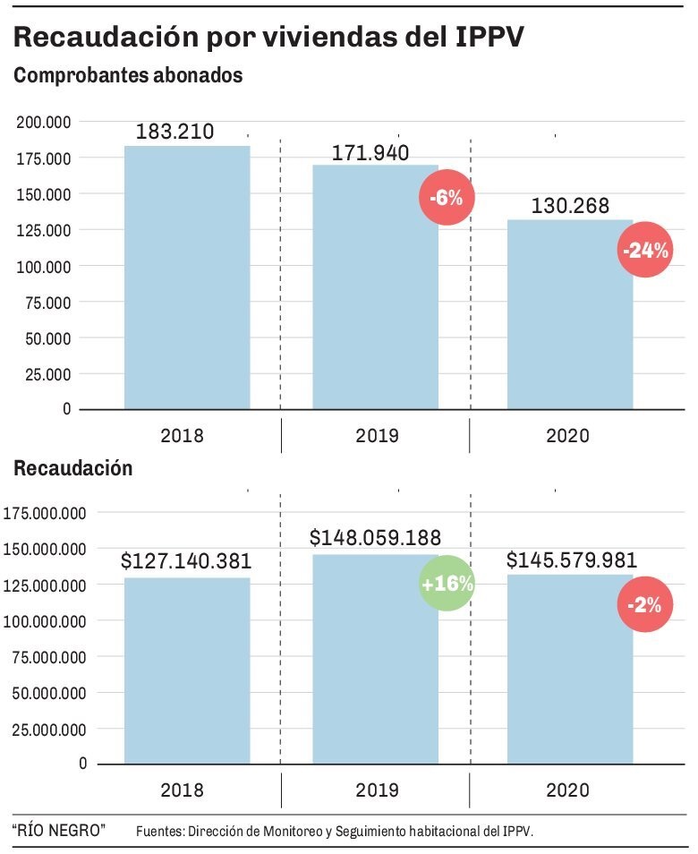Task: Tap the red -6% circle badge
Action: (x=446, y=198)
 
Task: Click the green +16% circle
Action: (x=446, y=585)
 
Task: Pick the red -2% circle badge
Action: (x=644, y=606)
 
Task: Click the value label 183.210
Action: (x=174, y=132)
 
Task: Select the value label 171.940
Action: (x=370, y=153)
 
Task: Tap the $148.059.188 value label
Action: (x=376, y=538)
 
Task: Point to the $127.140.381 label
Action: (x=186, y=562)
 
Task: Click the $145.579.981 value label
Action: (x=572, y=561)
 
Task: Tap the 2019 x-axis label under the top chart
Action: (x=377, y=436)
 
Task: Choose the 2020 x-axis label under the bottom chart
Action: (x=568, y=790)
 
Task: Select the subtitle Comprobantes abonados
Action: (x=128, y=77)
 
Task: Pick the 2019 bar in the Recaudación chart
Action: (x=375, y=662)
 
